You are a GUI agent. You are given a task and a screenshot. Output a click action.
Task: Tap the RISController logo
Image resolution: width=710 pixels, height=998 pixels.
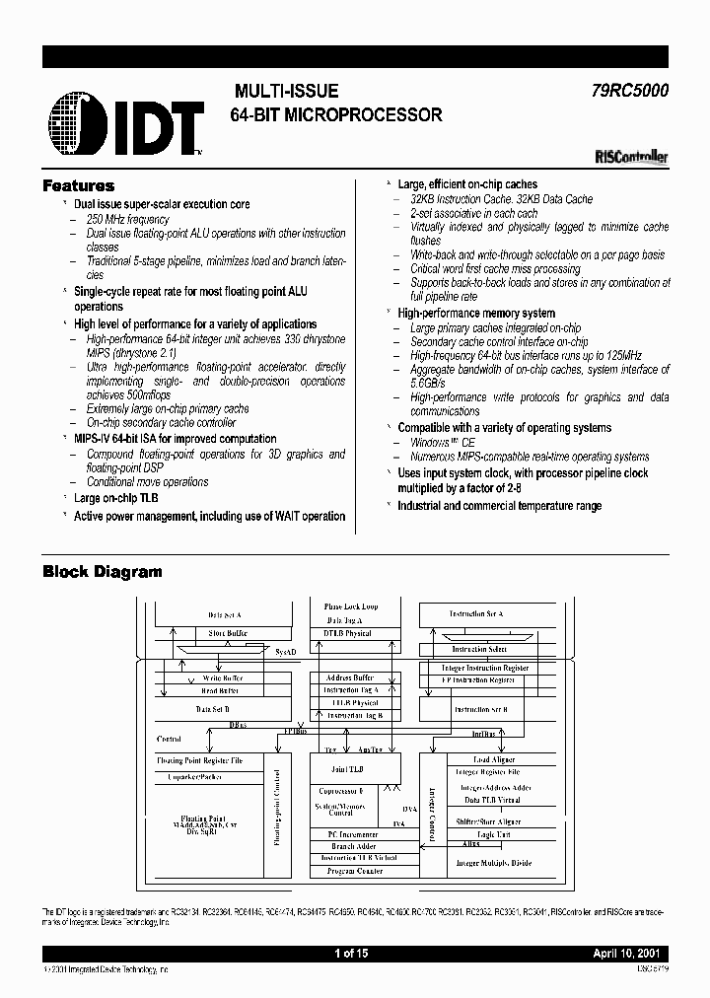point(632,156)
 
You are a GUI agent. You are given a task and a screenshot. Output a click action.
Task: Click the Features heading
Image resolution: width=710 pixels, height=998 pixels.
point(78,185)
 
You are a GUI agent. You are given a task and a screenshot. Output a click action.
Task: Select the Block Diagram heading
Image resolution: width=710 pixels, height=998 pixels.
point(102,572)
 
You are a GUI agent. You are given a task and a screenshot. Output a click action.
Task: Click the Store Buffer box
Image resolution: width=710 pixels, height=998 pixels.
point(227,633)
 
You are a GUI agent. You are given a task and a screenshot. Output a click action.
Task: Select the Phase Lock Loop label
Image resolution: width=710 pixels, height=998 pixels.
point(350,606)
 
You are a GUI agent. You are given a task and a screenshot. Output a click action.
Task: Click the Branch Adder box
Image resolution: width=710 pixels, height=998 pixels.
point(354,846)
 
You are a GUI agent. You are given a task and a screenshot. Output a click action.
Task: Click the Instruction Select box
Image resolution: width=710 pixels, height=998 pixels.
point(479,650)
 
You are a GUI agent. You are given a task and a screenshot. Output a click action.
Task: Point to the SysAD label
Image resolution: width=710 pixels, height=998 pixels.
point(284,654)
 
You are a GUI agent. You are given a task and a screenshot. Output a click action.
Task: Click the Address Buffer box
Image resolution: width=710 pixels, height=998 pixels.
point(349,678)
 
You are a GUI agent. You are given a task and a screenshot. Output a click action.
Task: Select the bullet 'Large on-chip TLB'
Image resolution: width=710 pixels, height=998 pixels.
point(115,498)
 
